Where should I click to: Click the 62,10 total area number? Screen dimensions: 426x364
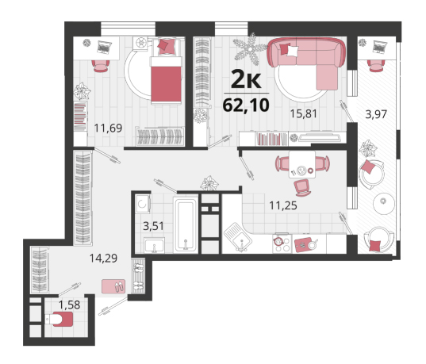click(246, 105)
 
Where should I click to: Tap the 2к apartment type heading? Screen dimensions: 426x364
click(246, 79)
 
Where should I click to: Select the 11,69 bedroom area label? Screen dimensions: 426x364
click(108, 128)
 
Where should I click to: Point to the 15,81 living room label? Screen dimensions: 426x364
click(304, 113)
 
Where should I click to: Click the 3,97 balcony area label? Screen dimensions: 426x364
click(376, 114)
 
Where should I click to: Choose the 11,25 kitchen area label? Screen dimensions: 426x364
click(283, 205)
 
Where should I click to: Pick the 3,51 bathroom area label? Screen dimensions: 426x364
click(153, 226)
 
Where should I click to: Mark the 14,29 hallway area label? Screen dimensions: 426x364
click(103, 258)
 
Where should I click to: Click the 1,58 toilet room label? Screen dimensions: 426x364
click(70, 305)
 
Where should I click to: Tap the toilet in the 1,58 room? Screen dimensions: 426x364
click(59, 319)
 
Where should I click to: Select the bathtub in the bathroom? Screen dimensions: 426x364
click(186, 225)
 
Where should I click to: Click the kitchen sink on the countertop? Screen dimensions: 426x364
click(238, 237)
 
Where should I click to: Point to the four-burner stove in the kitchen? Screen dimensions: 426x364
click(282, 243)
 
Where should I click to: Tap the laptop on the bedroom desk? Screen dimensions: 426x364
click(105, 47)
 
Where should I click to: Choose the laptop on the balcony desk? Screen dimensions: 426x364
click(380, 47)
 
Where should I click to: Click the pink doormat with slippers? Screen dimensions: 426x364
click(113, 286)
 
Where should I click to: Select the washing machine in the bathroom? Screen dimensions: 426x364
click(142, 203)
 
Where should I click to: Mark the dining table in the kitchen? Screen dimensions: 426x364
click(302, 165)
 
